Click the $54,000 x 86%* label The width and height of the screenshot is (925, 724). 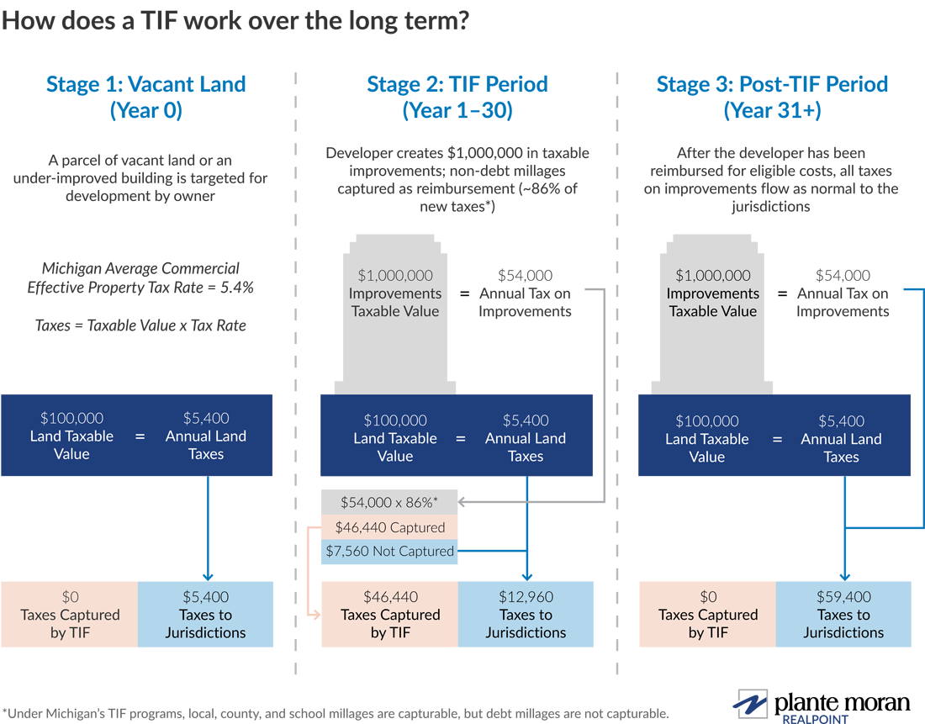389,502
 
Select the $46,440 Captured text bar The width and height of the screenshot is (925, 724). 389,527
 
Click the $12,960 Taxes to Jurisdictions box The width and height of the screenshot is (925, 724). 526,615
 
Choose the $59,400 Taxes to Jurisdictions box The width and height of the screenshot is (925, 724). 843,615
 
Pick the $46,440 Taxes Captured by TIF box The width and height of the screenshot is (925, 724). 390,615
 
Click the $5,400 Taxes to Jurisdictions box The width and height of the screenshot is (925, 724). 206,615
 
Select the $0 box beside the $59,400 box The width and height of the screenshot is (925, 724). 708,615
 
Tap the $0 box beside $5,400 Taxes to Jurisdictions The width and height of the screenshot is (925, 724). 71,615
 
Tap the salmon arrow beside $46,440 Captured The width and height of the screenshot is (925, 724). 310,572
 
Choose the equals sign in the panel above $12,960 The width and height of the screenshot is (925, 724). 460,438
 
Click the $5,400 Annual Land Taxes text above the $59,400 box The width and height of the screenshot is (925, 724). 841,439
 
